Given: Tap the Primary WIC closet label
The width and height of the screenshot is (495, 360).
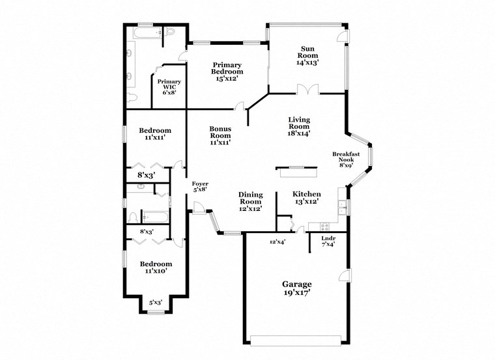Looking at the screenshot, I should tap(163, 87).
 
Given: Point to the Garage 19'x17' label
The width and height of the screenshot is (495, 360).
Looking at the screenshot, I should tap(296, 288).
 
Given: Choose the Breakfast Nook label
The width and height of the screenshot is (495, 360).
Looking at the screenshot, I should tap(346, 159).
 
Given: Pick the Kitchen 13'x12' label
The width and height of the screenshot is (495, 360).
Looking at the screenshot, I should tap(306, 197).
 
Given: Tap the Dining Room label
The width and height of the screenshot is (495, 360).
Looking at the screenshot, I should tap(250, 201).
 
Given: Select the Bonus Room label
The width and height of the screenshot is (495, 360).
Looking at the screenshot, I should tap(220, 135).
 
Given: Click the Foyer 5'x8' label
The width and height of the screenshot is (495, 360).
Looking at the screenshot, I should tap(200, 187).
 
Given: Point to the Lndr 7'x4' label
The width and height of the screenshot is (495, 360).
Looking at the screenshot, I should tap(328, 241).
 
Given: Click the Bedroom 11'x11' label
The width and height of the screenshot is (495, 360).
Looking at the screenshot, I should tap(155, 134).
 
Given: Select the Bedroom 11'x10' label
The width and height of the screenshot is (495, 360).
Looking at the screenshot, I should tap(155, 267).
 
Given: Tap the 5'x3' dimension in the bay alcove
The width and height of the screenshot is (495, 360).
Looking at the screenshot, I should tap(156, 302).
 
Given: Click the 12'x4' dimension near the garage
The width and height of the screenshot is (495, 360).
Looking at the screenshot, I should tap(278, 242).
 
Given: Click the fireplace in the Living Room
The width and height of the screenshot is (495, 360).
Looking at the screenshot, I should tap(297, 171).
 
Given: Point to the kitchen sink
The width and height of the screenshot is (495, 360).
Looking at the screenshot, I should tap(341, 208).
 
